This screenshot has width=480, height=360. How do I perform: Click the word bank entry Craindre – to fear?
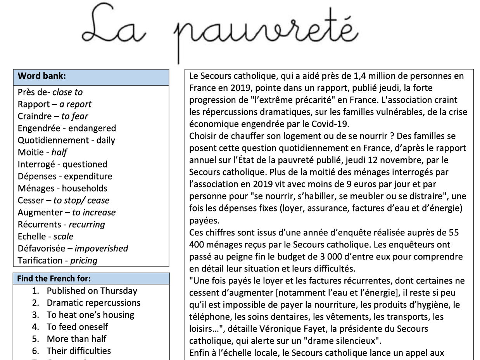click(53, 116)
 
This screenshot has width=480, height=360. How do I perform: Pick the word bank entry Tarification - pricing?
click(57, 260)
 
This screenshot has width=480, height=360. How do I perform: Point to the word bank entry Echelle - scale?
click(45, 236)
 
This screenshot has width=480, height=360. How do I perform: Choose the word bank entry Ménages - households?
click(62, 188)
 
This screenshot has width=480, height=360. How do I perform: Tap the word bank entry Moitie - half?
click(43, 152)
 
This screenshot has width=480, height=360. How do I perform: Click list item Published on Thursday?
click(92, 291)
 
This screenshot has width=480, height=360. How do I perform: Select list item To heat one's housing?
click(90, 315)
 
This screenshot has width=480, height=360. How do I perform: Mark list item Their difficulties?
click(79, 351)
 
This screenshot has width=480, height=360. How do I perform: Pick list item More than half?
click(77, 339)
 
